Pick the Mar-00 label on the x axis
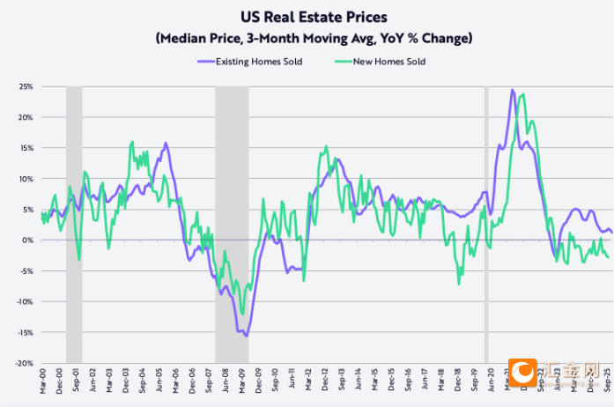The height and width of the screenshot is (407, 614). (x=41, y=380)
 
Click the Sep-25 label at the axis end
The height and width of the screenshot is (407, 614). (x=607, y=380)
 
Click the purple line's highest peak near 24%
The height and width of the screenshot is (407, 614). (x=512, y=90)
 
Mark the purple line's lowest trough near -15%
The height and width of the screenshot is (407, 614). (x=246, y=336)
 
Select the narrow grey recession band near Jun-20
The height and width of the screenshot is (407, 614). (x=486, y=220)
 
